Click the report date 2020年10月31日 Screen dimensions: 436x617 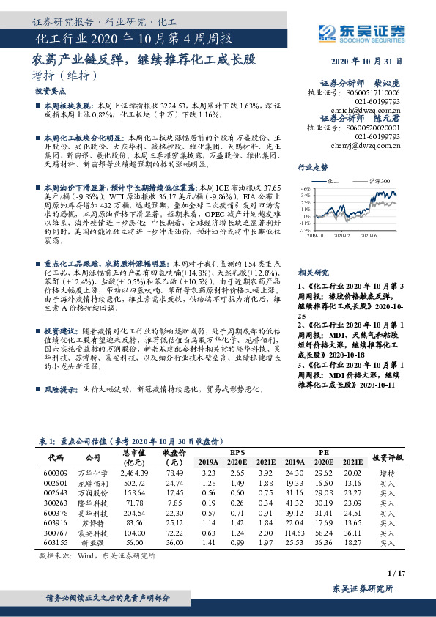(372, 62)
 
